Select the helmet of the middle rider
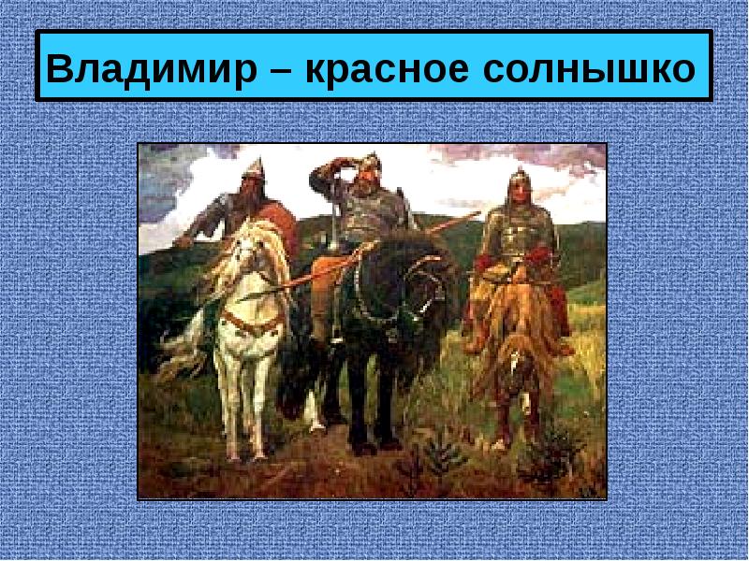point(369,160)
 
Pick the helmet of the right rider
point(521,179)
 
